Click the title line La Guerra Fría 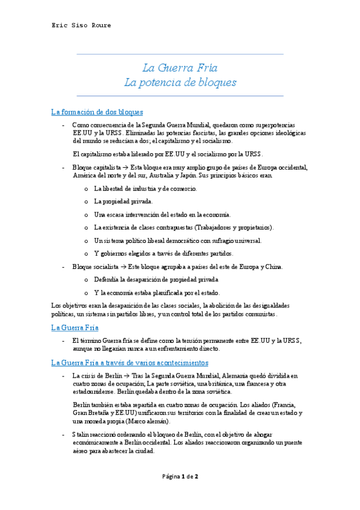(180, 67)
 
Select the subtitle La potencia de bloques (180, 82)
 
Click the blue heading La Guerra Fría (75, 327)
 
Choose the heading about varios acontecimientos (130, 363)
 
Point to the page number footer (180, 476)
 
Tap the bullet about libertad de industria (145, 189)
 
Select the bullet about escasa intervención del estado (162, 214)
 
